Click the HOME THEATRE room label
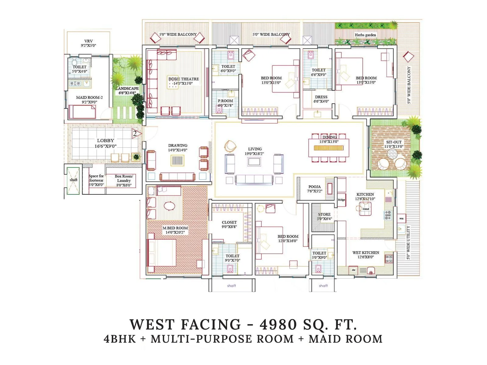(184, 79)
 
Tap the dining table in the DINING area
(329, 148)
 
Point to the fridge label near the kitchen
(342, 200)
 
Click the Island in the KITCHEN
(366, 209)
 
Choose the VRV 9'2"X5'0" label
(89, 43)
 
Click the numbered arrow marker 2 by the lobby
(135, 134)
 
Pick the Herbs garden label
(365, 35)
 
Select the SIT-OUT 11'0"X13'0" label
(394, 144)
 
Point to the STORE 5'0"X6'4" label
(324, 217)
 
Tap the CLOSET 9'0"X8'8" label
(229, 224)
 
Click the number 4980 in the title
(278, 325)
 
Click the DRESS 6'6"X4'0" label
(321, 99)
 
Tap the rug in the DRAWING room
(177, 160)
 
